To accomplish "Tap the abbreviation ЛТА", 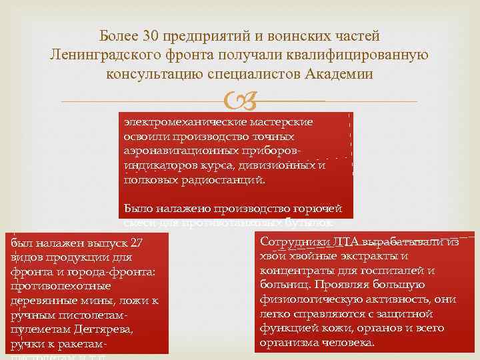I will pos(349,242).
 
